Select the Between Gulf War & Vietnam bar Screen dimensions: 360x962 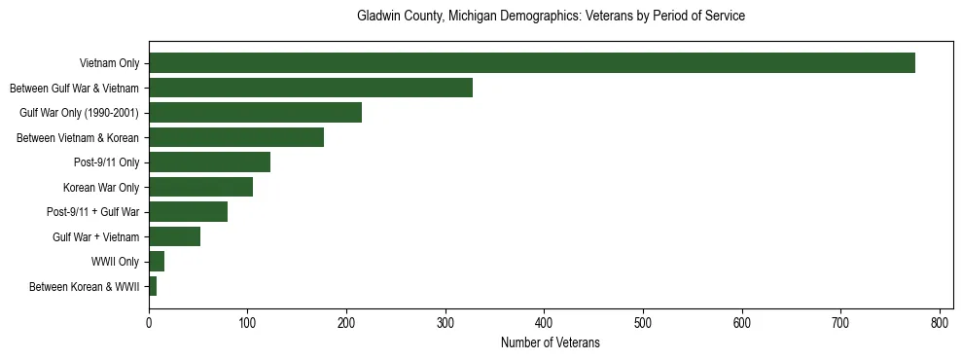tap(310, 89)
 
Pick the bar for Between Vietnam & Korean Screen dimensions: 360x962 tap(236, 138)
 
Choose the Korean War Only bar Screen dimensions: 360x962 tap(200, 187)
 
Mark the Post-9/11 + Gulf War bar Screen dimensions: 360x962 tap(188, 212)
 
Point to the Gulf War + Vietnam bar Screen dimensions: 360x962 tap(174, 236)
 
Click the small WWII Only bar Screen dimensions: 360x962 tap(157, 262)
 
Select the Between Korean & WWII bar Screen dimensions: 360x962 tap(153, 286)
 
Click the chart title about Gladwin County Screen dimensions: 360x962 tap(551, 17)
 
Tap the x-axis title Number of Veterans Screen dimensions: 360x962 tap(551, 343)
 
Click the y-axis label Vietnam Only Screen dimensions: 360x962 tap(109, 64)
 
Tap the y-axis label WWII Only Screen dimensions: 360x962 tap(115, 262)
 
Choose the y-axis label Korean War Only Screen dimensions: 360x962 tap(101, 188)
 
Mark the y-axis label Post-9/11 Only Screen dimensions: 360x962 tap(102, 162)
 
